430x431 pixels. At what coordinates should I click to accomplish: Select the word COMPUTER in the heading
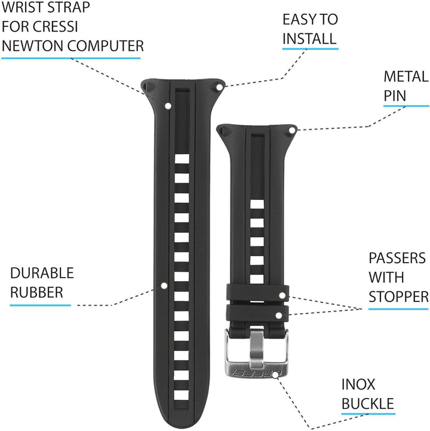pyautogui.click(x=106, y=46)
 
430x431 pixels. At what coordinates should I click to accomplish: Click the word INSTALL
pyautogui.click(x=309, y=38)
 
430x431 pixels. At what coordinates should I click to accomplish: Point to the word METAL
pyautogui.click(x=406, y=76)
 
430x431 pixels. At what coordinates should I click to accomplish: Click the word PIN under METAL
pyautogui.click(x=395, y=96)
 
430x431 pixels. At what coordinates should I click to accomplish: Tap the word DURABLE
pyautogui.click(x=42, y=273)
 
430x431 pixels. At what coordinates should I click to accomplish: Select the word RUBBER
pyautogui.click(x=36, y=292)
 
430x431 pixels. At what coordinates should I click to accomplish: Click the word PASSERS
pyautogui.click(x=397, y=258)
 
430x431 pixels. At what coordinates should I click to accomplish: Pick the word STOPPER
pyautogui.click(x=399, y=297)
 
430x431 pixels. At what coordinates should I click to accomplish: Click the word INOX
pyautogui.click(x=358, y=384)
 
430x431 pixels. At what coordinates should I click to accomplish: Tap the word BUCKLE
pyautogui.click(x=368, y=404)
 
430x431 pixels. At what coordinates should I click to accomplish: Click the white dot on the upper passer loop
pyautogui.click(x=282, y=295)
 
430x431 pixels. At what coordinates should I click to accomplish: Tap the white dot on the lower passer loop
pyautogui.click(x=278, y=315)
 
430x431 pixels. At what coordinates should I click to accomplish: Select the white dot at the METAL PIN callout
pyautogui.click(x=292, y=131)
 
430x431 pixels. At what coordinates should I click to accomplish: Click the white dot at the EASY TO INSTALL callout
pyautogui.click(x=219, y=87)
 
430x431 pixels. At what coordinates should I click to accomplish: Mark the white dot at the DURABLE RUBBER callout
pyautogui.click(x=164, y=285)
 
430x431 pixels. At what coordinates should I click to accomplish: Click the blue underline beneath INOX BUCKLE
pyautogui.click(x=368, y=413)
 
